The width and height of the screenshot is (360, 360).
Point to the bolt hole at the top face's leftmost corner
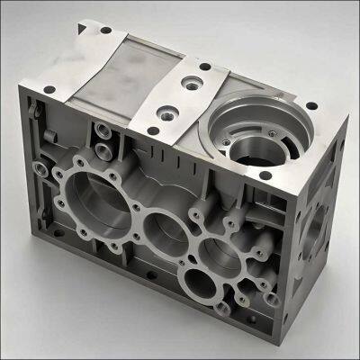pyautogui.click(x=49, y=89)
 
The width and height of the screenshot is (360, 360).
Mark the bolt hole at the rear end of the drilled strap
pyautogui.click(x=205, y=66)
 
